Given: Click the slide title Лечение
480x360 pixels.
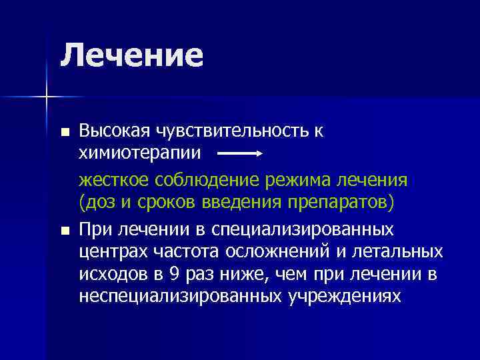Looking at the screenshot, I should (131, 55).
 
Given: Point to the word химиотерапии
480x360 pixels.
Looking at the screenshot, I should (139, 153).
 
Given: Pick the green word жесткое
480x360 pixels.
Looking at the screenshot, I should (113, 181).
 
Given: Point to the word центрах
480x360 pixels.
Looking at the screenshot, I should (109, 252).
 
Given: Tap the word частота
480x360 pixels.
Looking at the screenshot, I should (176, 252).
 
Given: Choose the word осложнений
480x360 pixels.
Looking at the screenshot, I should (264, 252).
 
